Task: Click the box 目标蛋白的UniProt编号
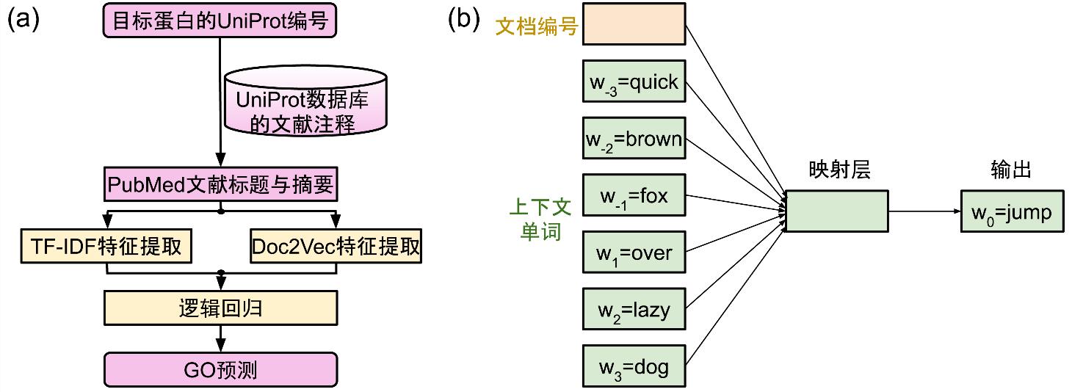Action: click(220, 21)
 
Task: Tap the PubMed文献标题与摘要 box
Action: click(220, 186)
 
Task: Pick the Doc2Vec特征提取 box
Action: click(336, 247)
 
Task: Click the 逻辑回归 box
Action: click(220, 309)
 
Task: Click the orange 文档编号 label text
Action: click(537, 27)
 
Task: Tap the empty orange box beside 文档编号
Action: click(634, 24)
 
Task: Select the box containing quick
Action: click(634, 81)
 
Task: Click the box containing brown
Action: click(634, 138)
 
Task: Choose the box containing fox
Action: click(634, 195)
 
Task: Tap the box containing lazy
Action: click(634, 309)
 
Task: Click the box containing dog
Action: click(634, 366)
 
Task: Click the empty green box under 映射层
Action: click(836, 211)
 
